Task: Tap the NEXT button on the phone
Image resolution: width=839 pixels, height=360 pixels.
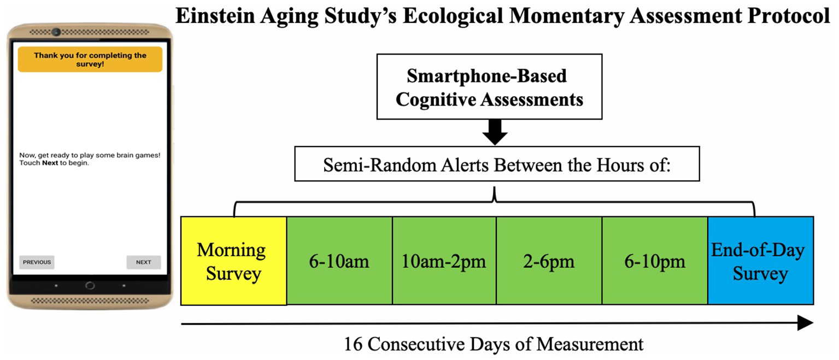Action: pos(143,262)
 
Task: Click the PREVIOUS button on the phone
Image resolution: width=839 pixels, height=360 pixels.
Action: pos(37,262)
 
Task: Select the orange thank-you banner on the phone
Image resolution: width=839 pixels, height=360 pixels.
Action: pos(90,60)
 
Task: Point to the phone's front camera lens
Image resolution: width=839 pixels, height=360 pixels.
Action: pos(56,32)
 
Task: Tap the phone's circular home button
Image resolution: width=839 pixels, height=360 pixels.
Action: pos(90,286)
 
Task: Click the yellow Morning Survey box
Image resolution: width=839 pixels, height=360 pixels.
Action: pos(234,261)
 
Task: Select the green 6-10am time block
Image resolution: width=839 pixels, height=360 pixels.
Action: pos(339,261)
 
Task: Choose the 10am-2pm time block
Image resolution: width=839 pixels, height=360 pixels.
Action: pos(444,261)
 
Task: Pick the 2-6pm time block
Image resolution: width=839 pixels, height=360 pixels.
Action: pos(549,261)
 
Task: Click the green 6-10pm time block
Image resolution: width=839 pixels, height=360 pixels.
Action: pos(655,261)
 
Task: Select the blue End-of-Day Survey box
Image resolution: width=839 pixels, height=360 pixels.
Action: pos(761,261)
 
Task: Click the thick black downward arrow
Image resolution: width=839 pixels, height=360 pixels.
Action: pos(495,132)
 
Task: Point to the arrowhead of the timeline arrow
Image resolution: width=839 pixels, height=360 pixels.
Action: pos(805,323)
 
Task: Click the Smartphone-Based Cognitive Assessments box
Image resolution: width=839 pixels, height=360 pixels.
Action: pos(490,87)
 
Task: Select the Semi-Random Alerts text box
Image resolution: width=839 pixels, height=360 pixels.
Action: pos(497,164)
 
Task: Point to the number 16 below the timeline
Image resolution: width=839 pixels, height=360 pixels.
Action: pos(353,344)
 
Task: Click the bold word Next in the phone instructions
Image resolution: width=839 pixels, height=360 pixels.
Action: pos(50,163)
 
